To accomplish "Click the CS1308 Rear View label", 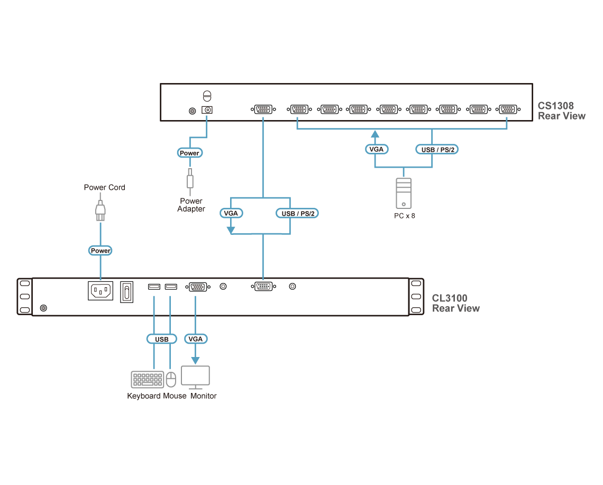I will [x=561, y=111].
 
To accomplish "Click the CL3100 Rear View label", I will [x=456, y=303].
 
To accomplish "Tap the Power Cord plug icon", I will [x=100, y=210].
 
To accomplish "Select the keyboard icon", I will [x=147, y=380].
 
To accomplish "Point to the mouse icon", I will [x=170, y=379].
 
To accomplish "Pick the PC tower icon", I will [x=404, y=193].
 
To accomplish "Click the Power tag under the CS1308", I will [x=189, y=153].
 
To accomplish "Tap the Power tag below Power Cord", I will [x=100, y=250].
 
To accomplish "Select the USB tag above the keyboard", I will [x=162, y=338].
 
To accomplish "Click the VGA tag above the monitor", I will [x=195, y=338].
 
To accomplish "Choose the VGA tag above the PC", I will [x=376, y=150].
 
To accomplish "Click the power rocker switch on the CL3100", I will [x=127, y=291].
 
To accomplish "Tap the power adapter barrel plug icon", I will [x=190, y=180].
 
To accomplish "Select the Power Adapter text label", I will [x=191, y=205].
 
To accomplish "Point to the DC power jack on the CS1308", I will [x=207, y=110].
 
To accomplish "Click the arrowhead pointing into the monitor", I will [x=195, y=361].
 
